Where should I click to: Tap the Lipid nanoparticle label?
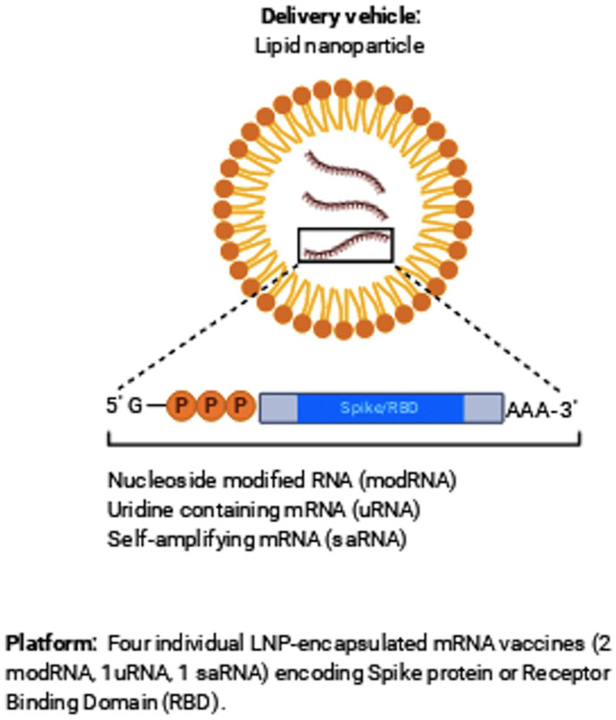click(x=337, y=45)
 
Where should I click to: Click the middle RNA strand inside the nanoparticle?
click(x=344, y=205)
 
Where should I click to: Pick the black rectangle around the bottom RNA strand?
click(x=345, y=244)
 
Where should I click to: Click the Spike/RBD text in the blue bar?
click(x=380, y=407)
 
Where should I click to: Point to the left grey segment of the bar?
click(x=278, y=407)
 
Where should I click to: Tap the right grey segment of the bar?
click(x=483, y=407)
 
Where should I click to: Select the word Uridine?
click(x=134, y=510)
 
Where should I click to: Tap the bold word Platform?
click(x=50, y=643)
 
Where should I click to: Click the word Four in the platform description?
click(x=123, y=643)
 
